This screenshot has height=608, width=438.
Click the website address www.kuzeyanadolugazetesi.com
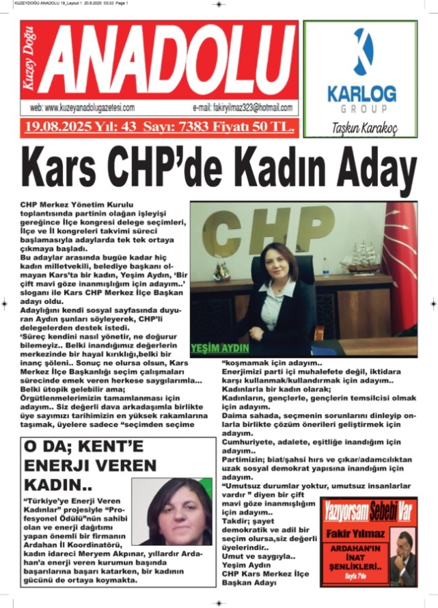pos(81,108)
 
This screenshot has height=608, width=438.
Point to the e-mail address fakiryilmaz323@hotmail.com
pos(243,108)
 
